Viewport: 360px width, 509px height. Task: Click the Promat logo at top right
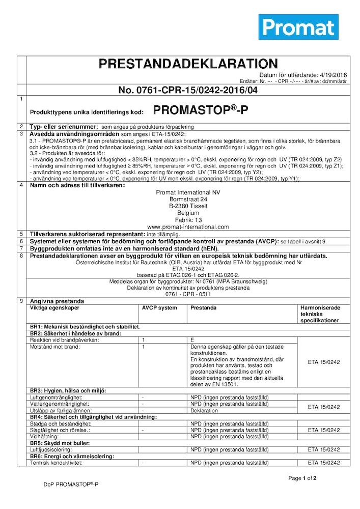(298, 27)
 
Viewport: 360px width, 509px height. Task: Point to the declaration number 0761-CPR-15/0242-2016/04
(188, 90)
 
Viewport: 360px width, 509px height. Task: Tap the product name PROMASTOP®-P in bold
(201, 110)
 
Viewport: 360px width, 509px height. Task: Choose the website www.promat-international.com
(188, 227)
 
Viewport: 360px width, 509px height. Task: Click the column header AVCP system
(159, 308)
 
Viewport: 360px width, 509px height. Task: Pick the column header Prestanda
(204, 308)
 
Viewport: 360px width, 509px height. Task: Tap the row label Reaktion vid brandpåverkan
(64, 340)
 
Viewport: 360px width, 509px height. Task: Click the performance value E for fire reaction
(192, 340)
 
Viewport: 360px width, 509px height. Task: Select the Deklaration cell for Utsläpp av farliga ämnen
(204, 410)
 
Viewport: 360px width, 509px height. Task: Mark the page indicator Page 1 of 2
(302, 478)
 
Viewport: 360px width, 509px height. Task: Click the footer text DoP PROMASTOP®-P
(71, 485)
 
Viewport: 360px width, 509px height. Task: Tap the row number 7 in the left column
(21, 248)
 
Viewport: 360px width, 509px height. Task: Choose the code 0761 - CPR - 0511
(188, 294)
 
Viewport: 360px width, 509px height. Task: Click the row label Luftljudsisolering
(53, 450)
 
